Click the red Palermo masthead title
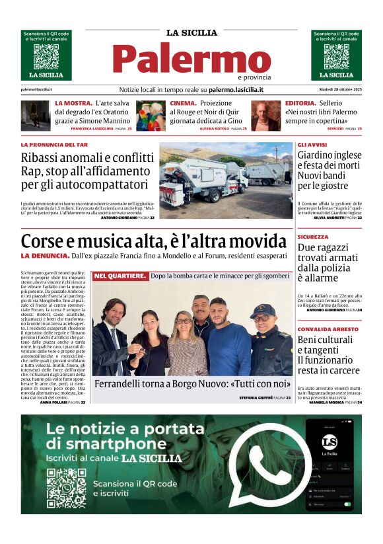point(191,59)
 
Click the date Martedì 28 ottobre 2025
point(336,90)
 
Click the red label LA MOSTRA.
point(73,104)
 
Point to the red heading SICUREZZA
point(312,237)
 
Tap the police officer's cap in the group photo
point(263,309)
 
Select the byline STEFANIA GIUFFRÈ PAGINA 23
point(265,397)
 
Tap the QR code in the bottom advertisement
point(66,488)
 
